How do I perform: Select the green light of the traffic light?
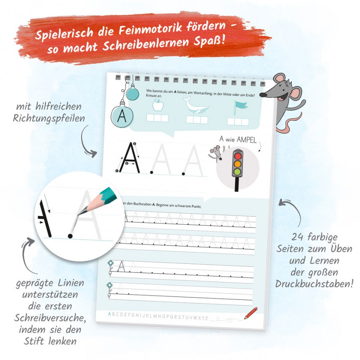[237, 172]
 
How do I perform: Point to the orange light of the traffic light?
[238, 164]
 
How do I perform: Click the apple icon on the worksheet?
[158, 105]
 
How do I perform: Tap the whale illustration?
[196, 106]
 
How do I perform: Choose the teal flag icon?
[240, 108]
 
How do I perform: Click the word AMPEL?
[246, 139]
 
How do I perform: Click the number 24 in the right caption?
[297, 237]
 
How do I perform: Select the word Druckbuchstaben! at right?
[314, 284]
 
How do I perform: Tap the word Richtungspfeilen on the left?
[49, 119]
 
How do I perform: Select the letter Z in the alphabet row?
[207, 318]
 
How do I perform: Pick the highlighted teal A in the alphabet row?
[110, 314]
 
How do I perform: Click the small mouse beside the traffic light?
[216, 153]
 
